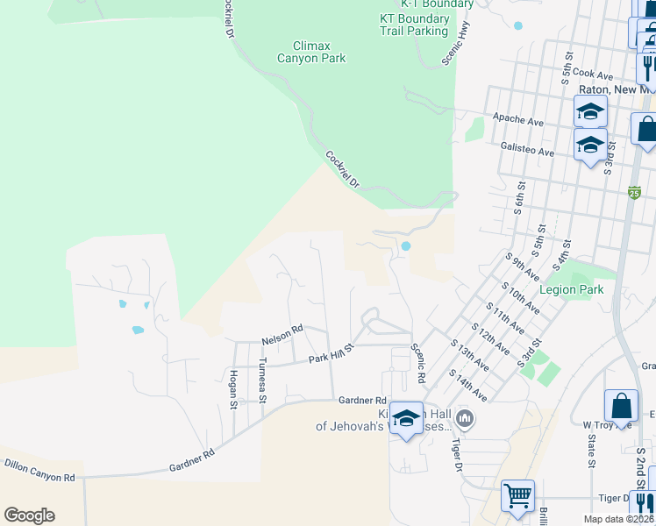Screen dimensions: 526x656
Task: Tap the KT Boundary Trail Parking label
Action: click(x=414, y=25)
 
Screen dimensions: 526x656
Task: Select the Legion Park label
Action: click(x=572, y=289)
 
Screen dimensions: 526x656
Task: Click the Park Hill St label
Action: click(x=331, y=354)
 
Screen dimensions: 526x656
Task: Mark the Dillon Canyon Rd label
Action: click(x=39, y=470)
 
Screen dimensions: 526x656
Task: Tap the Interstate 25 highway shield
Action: click(x=633, y=192)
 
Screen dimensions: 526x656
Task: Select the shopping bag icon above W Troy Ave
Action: click(x=621, y=407)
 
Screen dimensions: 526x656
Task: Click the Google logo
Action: click(x=29, y=515)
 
